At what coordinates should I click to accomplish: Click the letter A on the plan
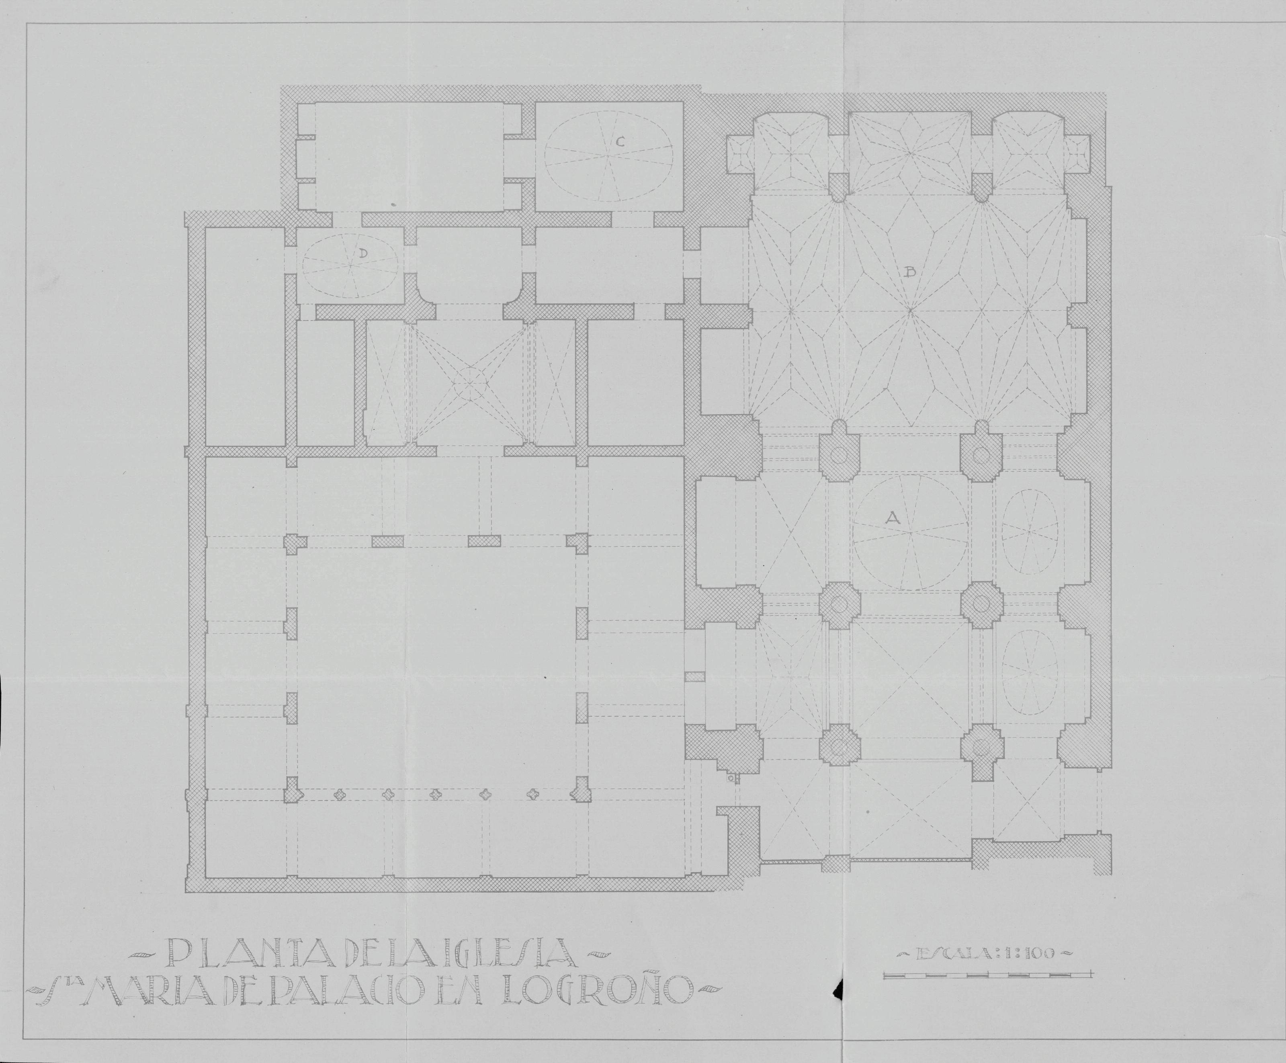pos(892,518)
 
